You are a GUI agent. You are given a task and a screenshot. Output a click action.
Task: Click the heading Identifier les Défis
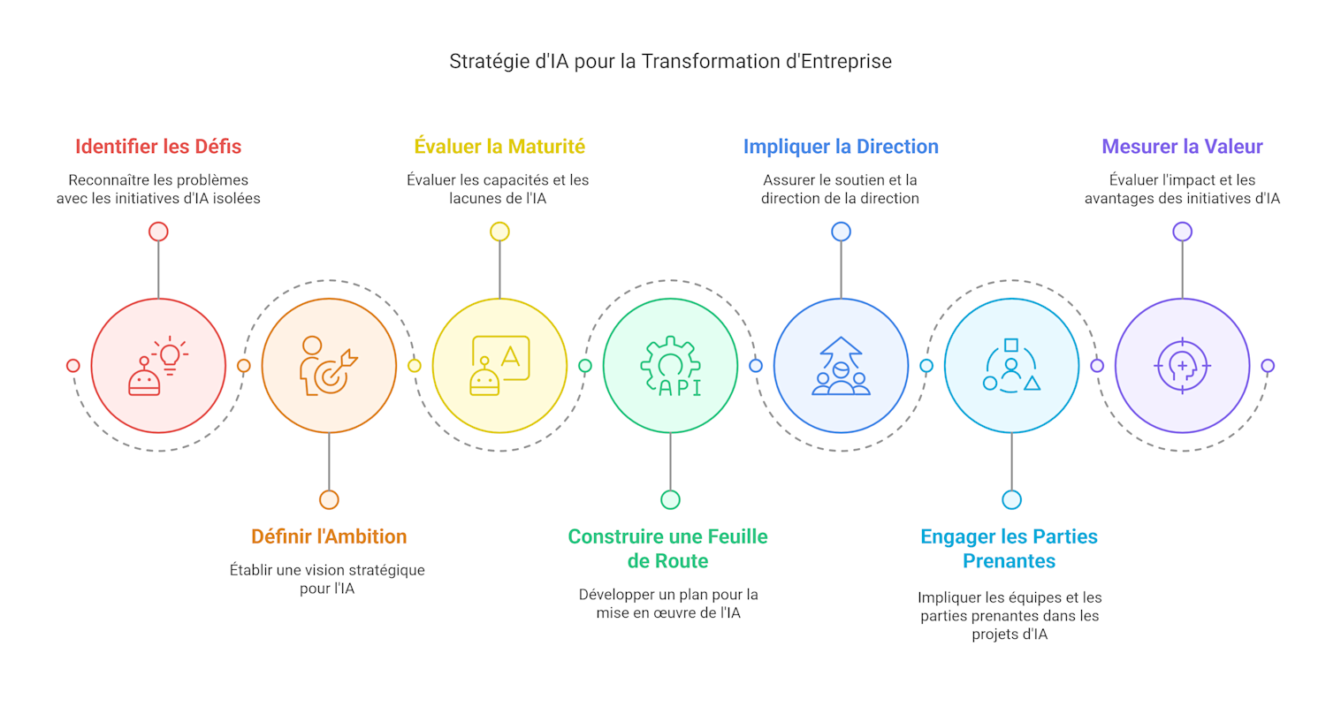(158, 147)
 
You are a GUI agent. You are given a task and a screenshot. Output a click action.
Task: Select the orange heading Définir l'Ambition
(329, 536)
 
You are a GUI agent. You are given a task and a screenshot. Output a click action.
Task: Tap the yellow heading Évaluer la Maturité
(499, 146)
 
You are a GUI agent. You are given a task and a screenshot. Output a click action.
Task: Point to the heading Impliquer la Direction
(841, 147)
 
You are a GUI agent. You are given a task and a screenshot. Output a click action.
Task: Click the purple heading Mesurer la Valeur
(1183, 147)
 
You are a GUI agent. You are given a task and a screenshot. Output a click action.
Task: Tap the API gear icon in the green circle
(670, 366)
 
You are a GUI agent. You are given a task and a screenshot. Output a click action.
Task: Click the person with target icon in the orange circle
(329, 366)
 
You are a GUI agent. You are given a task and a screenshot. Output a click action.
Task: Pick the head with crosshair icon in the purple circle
(1183, 366)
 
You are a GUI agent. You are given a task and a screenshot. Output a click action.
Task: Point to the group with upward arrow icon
(841, 366)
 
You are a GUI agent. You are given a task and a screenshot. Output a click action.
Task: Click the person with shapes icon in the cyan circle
(1012, 366)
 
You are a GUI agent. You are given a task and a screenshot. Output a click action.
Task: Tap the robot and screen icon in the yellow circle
(499, 366)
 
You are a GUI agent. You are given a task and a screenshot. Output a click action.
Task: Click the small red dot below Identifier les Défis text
(158, 232)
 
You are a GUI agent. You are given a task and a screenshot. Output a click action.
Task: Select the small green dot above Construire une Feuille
(670, 500)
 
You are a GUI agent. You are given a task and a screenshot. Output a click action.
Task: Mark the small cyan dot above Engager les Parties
(1012, 500)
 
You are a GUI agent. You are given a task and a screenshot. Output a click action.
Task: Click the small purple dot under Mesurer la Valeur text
(1183, 232)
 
